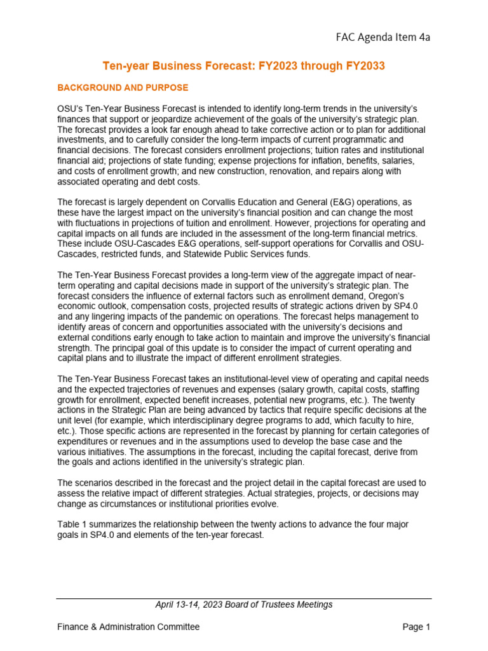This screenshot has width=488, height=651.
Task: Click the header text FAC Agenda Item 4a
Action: (383, 38)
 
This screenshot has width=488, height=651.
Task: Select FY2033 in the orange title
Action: (363, 66)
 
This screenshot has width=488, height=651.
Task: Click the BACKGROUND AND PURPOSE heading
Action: (123, 87)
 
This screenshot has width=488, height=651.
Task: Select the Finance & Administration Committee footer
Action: (128, 627)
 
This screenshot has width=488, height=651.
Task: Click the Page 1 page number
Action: (416, 627)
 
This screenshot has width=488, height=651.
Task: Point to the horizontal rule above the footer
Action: (243, 598)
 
